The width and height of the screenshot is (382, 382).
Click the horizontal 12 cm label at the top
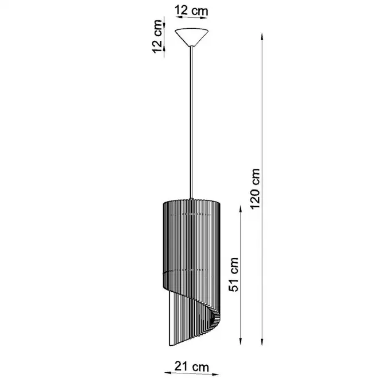[x=191, y=11]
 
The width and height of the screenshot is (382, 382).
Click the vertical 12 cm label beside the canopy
[x=157, y=36]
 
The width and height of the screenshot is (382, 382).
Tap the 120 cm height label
[x=255, y=188]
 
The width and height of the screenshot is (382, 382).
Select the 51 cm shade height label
[x=234, y=274]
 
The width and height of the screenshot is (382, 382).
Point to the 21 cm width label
[x=191, y=366]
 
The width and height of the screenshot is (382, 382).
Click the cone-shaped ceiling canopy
[x=191, y=37]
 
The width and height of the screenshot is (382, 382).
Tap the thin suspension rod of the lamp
[x=192, y=122]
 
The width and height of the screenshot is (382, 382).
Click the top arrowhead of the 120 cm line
[x=262, y=37]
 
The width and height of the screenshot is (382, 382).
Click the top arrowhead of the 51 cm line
[x=241, y=209]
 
